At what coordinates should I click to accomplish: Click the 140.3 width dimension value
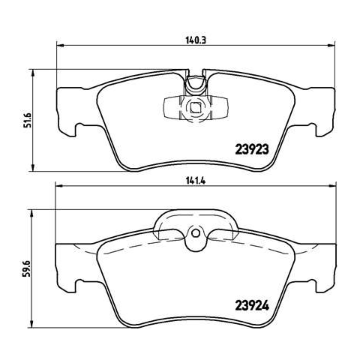tap(196, 40)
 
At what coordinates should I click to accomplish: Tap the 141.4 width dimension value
tap(196, 181)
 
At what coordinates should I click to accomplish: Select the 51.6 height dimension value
tap(28, 120)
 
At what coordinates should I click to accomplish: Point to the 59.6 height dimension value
tap(27, 268)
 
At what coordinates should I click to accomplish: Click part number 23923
tap(252, 149)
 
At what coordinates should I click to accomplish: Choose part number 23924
tap(252, 305)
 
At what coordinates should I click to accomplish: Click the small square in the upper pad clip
tap(195, 108)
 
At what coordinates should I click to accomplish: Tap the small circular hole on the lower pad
tap(196, 233)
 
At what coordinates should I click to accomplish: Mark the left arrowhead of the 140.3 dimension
tap(60, 46)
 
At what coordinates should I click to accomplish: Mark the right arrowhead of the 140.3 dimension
tap(331, 46)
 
